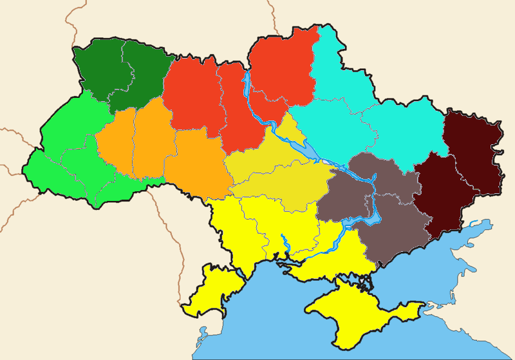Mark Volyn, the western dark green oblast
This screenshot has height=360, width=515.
100,64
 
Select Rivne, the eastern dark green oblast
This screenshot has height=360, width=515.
145,74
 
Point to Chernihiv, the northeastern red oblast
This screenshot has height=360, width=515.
283,64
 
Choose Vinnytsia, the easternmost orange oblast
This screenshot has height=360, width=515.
196,161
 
